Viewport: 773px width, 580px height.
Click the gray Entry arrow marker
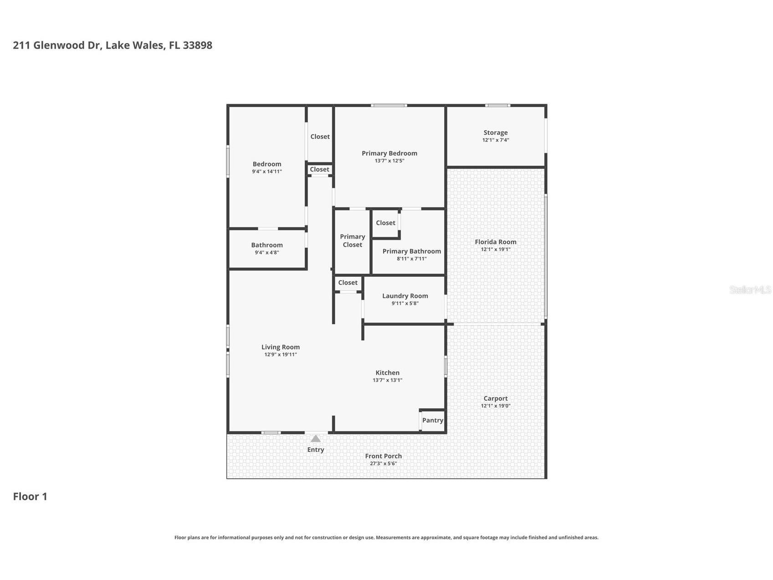tap(316, 439)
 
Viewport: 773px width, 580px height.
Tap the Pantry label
tap(432, 420)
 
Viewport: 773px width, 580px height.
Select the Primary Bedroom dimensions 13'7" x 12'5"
tap(389, 161)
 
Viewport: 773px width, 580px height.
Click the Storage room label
tap(496, 133)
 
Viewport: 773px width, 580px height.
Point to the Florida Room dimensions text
tap(496, 249)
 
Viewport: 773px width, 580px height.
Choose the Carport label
tap(496, 399)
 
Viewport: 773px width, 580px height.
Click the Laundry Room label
tap(405, 296)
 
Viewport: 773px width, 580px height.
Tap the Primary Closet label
tap(353, 241)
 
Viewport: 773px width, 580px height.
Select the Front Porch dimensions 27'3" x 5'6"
tap(383, 464)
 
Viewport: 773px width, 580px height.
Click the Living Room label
tap(281, 347)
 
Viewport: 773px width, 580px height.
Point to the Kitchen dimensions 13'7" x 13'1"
tap(387, 380)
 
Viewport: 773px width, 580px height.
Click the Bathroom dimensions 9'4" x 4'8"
tap(267, 253)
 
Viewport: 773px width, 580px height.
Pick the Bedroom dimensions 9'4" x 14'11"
tap(267, 172)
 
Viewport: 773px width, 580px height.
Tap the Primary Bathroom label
tap(411, 251)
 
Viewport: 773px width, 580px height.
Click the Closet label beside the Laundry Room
tap(348, 283)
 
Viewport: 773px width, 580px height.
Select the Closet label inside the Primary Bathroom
tap(385, 223)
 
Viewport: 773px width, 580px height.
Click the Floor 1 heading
tap(30, 497)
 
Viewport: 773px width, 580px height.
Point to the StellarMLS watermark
tap(750, 290)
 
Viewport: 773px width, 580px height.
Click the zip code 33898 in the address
tap(197, 45)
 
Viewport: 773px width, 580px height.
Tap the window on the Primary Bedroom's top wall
tap(389, 106)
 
